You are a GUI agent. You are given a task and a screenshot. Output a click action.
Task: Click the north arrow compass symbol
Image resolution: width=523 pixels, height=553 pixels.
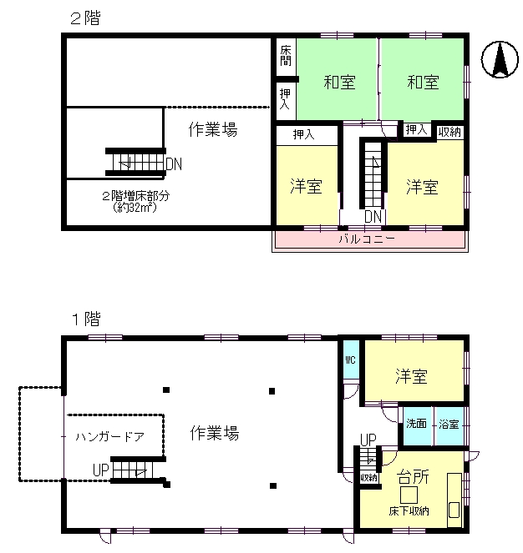pyautogui.click(x=499, y=61)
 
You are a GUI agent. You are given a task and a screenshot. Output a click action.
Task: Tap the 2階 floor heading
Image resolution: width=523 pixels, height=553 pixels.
pyautogui.click(x=84, y=18)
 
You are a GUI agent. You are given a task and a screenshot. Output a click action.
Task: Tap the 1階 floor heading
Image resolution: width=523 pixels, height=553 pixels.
pyautogui.click(x=84, y=318)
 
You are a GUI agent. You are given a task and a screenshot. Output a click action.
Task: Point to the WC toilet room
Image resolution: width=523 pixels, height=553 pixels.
pyautogui.click(x=349, y=360)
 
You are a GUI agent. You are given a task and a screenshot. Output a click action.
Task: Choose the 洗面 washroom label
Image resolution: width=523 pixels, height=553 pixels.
pyautogui.click(x=416, y=424)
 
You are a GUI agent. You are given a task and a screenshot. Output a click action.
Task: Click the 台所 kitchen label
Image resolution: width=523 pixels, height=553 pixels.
pyautogui.click(x=413, y=477)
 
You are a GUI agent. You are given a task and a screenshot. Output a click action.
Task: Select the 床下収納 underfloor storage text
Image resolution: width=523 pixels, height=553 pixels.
pyautogui.click(x=409, y=511)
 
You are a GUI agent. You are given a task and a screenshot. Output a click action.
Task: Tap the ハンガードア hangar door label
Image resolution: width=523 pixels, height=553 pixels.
pyautogui.click(x=109, y=436)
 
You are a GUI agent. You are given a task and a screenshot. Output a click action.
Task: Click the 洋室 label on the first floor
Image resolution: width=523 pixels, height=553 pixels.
pyautogui.click(x=411, y=377)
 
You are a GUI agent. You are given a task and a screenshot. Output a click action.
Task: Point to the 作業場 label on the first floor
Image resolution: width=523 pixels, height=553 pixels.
pyautogui.click(x=215, y=433)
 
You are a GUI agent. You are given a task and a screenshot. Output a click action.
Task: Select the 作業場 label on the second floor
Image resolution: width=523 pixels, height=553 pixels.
pyautogui.click(x=212, y=130)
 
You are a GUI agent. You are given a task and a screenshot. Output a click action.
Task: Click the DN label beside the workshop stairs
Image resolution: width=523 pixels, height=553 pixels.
pyautogui.click(x=174, y=163)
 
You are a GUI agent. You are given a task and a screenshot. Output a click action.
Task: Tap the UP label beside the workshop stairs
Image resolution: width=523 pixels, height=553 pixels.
pyautogui.click(x=101, y=470)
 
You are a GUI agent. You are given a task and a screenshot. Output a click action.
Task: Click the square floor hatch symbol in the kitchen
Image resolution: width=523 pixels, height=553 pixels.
pyautogui.click(x=408, y=493)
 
